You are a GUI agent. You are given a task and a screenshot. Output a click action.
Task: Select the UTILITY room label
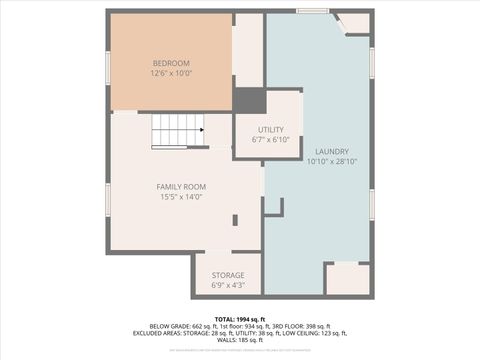pyautogui.click(x=270, y=129)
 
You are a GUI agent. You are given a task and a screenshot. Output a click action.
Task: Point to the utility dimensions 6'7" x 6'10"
pyautogui.click(x=270, y=140)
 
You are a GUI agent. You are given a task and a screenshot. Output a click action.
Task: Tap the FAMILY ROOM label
pyautogui.click(x=181, y=187)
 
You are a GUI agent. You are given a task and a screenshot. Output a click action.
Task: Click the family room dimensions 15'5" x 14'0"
pyautogui.click(x=181, y=197)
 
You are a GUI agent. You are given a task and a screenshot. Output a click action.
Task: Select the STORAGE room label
pyautogui.click(x=228, y=275)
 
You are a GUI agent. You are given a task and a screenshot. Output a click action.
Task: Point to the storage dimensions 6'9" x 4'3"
pyautogui.click(x=228, y=286)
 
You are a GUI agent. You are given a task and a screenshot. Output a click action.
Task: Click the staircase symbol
pyautogui.click(x=178, y=130)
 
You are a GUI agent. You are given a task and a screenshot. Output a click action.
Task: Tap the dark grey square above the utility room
pyautogui.click(x=250, y=101)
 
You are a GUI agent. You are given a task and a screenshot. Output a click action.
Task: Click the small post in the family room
pyautogui.click(x=235, y=220)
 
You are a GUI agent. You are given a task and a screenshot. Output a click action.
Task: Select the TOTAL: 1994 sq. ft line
pyautogui.click(x=240, y=318)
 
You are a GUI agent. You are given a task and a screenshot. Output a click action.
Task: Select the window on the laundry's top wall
pyautogui.click(x=312, y=11)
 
